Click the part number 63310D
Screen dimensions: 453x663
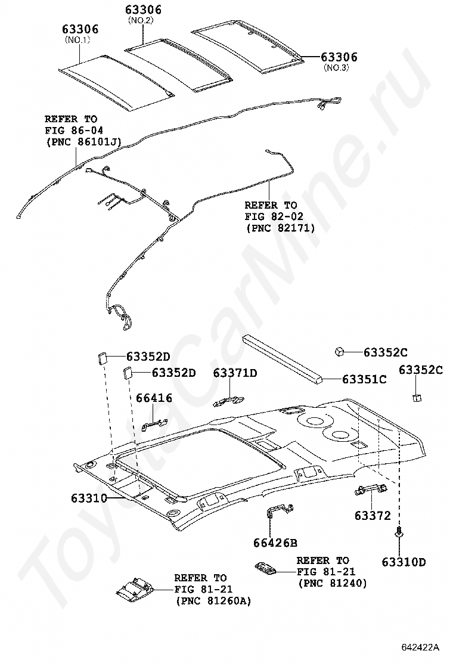pos(404,562)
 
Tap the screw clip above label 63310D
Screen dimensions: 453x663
pos(398,532)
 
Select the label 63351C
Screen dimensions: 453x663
pos(364,379)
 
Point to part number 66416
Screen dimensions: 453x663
pos(153,398)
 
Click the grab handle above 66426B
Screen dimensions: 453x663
pos(278,510)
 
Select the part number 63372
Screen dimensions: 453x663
pos(373,515)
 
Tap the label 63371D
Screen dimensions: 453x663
pos(235,373)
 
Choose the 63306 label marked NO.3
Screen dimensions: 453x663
pos(339,57)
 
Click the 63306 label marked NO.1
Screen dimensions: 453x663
pos(81,30)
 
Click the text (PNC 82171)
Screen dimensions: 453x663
pos(280,228)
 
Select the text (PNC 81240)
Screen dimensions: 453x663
pos(332,583)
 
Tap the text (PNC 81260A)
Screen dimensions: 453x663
pos(213,602)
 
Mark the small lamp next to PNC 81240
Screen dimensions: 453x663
pos(265,567)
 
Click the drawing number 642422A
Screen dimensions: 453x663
pos(420,647)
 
